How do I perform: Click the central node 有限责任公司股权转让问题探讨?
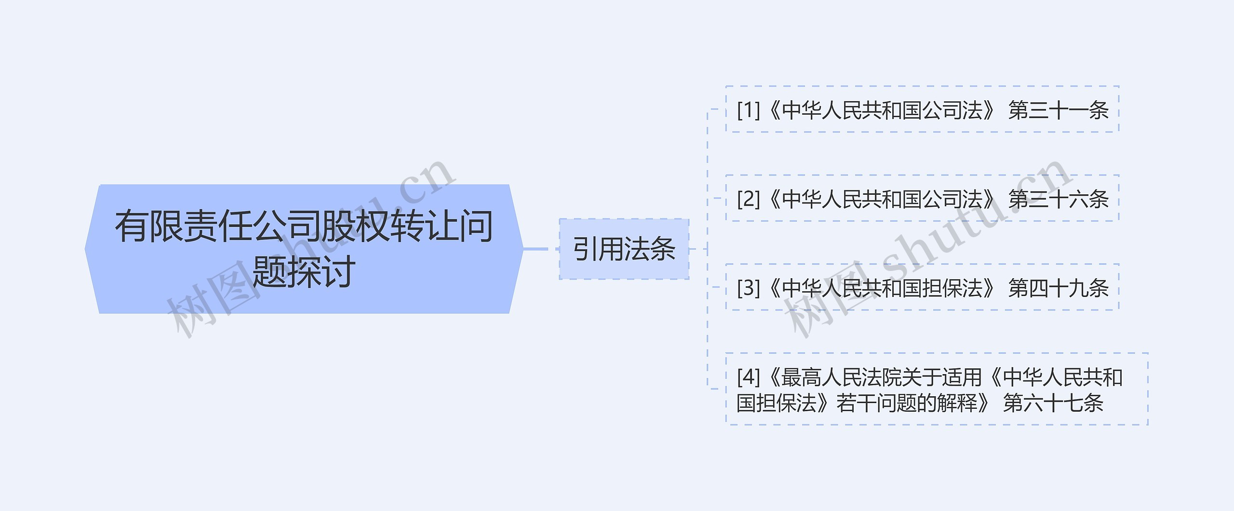(304, 249)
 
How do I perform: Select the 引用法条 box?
(624, 249)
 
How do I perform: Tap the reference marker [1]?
(748, 110)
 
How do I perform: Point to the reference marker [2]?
(748, 199)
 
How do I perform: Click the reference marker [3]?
(748, 288)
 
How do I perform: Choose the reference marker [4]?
(748, 377)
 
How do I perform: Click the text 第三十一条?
(1059, 110)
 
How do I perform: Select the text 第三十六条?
(1059, 199)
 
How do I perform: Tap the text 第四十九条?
(1059, 288)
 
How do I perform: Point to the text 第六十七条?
(1053, 403)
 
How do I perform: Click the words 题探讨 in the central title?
(304, 272)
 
